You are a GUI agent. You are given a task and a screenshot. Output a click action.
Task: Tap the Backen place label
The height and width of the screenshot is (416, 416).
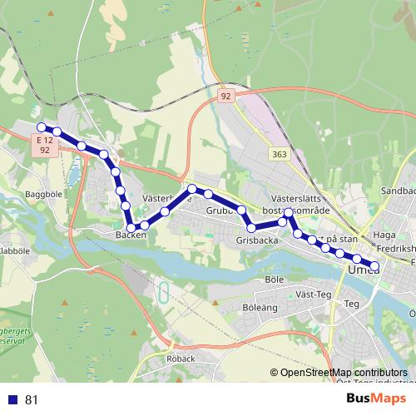(x=131, y=235)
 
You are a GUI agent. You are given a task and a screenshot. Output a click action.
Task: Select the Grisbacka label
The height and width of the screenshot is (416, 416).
(x=255, y=240)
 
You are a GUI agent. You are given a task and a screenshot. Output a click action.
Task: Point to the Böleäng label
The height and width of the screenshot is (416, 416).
(x=260, y=307)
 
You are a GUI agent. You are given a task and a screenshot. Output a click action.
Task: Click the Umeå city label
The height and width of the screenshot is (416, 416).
(x=364, y=270)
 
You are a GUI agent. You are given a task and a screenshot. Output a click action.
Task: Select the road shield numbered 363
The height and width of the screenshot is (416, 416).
(x=279, y=155)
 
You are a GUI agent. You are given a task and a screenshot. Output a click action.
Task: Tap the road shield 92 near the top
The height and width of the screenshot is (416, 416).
(x=225, y=97)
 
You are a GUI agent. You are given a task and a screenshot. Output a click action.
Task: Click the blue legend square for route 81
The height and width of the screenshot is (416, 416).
(x=12, y=399)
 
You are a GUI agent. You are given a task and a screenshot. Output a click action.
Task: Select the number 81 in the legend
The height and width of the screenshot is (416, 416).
(x=32, y=399)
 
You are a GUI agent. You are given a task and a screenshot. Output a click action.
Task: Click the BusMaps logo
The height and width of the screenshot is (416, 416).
(x=377, y=398)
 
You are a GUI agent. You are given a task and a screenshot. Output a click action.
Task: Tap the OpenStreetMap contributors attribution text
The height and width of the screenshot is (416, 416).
(x=341, y=373)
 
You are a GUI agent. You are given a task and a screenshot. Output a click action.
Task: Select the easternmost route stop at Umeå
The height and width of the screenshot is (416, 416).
(x=374, y=265)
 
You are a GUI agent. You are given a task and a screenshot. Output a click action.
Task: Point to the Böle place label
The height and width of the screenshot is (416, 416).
(x=274, y=279)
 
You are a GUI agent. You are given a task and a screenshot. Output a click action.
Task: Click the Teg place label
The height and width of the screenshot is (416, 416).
(x=351, y=304)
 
